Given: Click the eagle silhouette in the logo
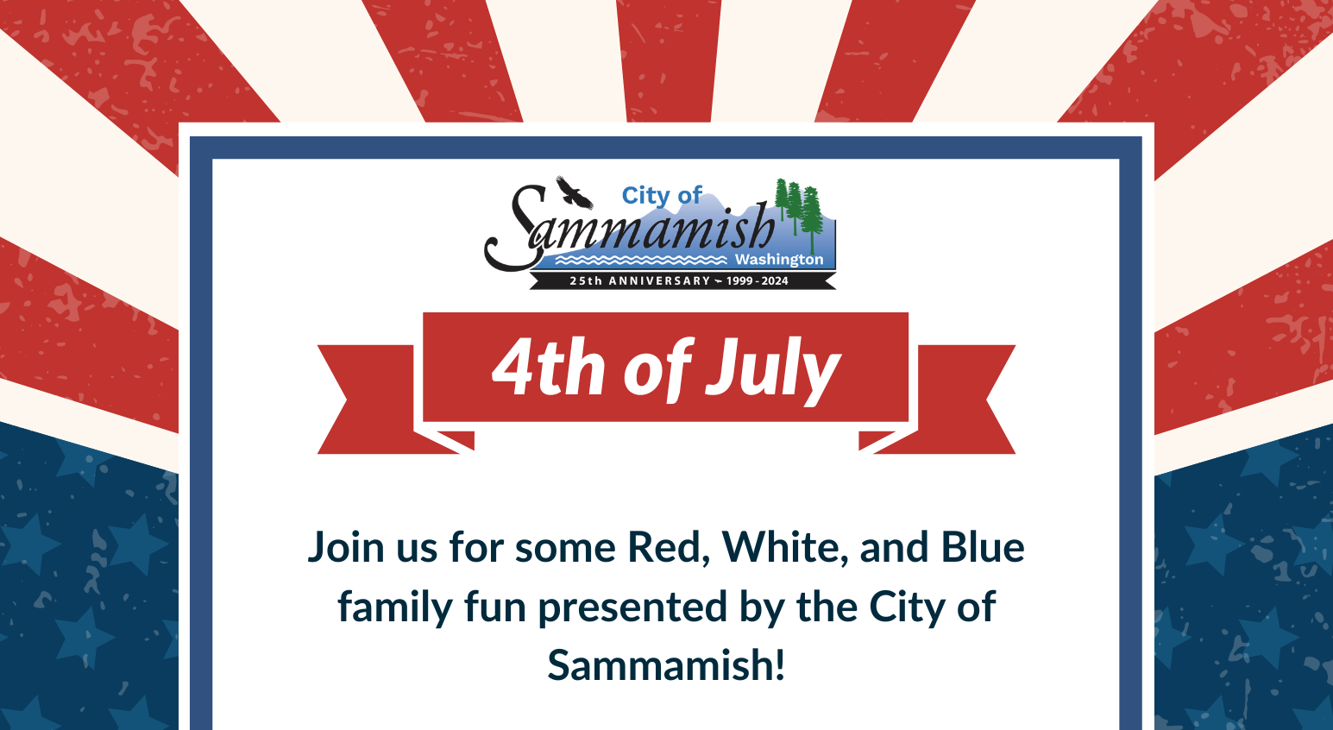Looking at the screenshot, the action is coord(575,192).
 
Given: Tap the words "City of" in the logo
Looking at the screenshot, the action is coord(662,196).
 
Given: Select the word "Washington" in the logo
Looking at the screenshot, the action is coord(779,260).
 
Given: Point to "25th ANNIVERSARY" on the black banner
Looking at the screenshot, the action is coord(639,280).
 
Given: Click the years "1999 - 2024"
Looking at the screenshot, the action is coord(757,280).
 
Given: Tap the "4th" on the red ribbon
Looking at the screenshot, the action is coord(548,367).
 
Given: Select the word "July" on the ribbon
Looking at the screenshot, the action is coord(773,371).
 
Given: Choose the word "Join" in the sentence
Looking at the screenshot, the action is coord(346,547).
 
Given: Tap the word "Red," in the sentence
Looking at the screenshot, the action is coord(669,547).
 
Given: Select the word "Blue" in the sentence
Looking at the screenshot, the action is coord(983,546).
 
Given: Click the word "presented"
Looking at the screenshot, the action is coord(632,607).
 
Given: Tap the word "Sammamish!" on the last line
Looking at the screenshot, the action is coord(666,664).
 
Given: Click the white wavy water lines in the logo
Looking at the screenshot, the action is coord(641,260).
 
